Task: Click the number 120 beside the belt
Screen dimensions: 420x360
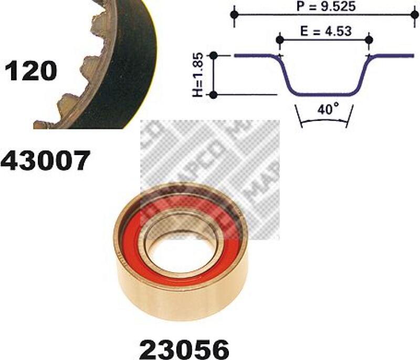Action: click(30, 71)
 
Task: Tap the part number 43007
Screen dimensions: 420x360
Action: click(45, 160)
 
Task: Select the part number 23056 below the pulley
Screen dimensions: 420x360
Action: click(185, 349)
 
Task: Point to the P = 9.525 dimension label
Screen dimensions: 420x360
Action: click(325, 6)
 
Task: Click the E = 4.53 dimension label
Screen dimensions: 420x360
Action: click(325, 31)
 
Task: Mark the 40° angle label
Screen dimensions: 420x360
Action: click(328, 109)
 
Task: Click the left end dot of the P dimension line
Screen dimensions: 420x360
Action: click(234, 15)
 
